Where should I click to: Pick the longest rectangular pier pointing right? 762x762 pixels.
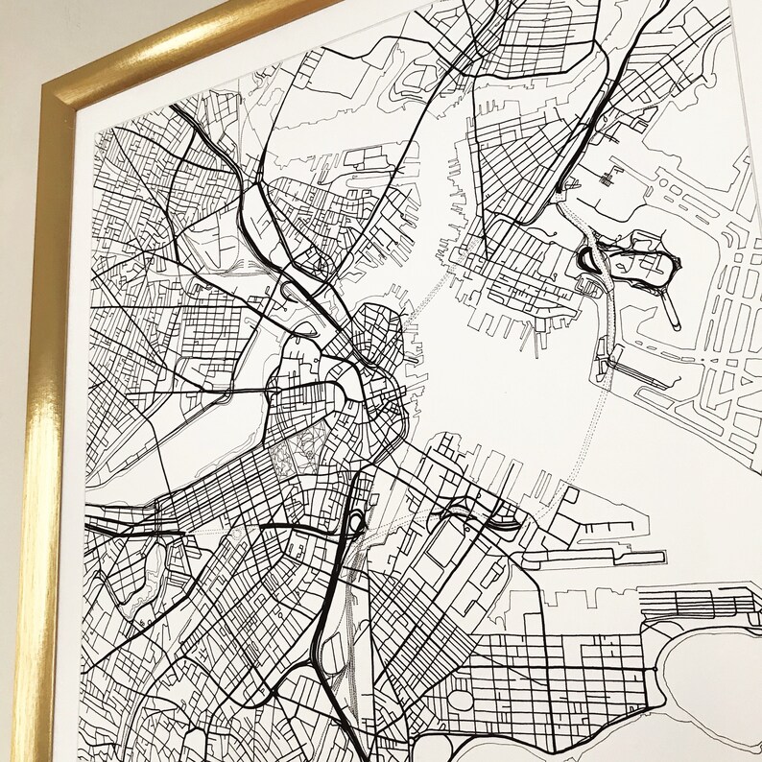614,555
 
